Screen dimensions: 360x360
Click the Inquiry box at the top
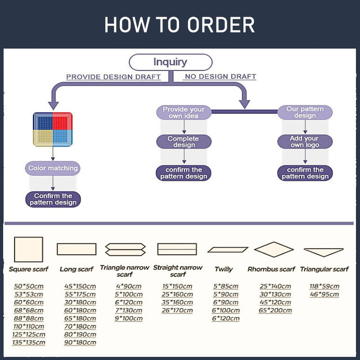click(x=171, y=62)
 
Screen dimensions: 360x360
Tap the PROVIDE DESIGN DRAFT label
click(x=113, y=77)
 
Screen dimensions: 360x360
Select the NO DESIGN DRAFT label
click(x=220, y=76)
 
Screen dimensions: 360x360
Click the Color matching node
click(x=53, y=168)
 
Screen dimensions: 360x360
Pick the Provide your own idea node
click(x=184, y=112)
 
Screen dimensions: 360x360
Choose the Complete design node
click(x=184, y=142)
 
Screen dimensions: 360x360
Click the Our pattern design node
click(x=305, y=112)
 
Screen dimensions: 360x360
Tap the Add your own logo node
click(x=305, y=142)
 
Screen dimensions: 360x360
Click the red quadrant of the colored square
click(x=63, y=121)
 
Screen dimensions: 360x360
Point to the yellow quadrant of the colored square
click(x=43, y=138)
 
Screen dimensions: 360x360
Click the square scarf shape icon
click(x=28, y=249)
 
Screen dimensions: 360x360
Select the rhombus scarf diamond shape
click(x=274, y=249)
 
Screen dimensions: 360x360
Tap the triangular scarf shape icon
click(x=324, y=252)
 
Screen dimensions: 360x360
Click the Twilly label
click(x=224, y=269)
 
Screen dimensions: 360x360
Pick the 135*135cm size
click(x=29, y=342)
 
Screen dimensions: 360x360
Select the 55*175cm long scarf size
click(x=80, y=294)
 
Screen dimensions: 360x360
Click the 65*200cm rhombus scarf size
click(x=275, y=310)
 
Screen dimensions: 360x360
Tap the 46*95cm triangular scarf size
click(x=324, y=294)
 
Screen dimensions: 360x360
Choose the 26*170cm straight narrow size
click(x=177, y=310)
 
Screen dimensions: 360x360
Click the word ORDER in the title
click(x=221, y=25)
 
